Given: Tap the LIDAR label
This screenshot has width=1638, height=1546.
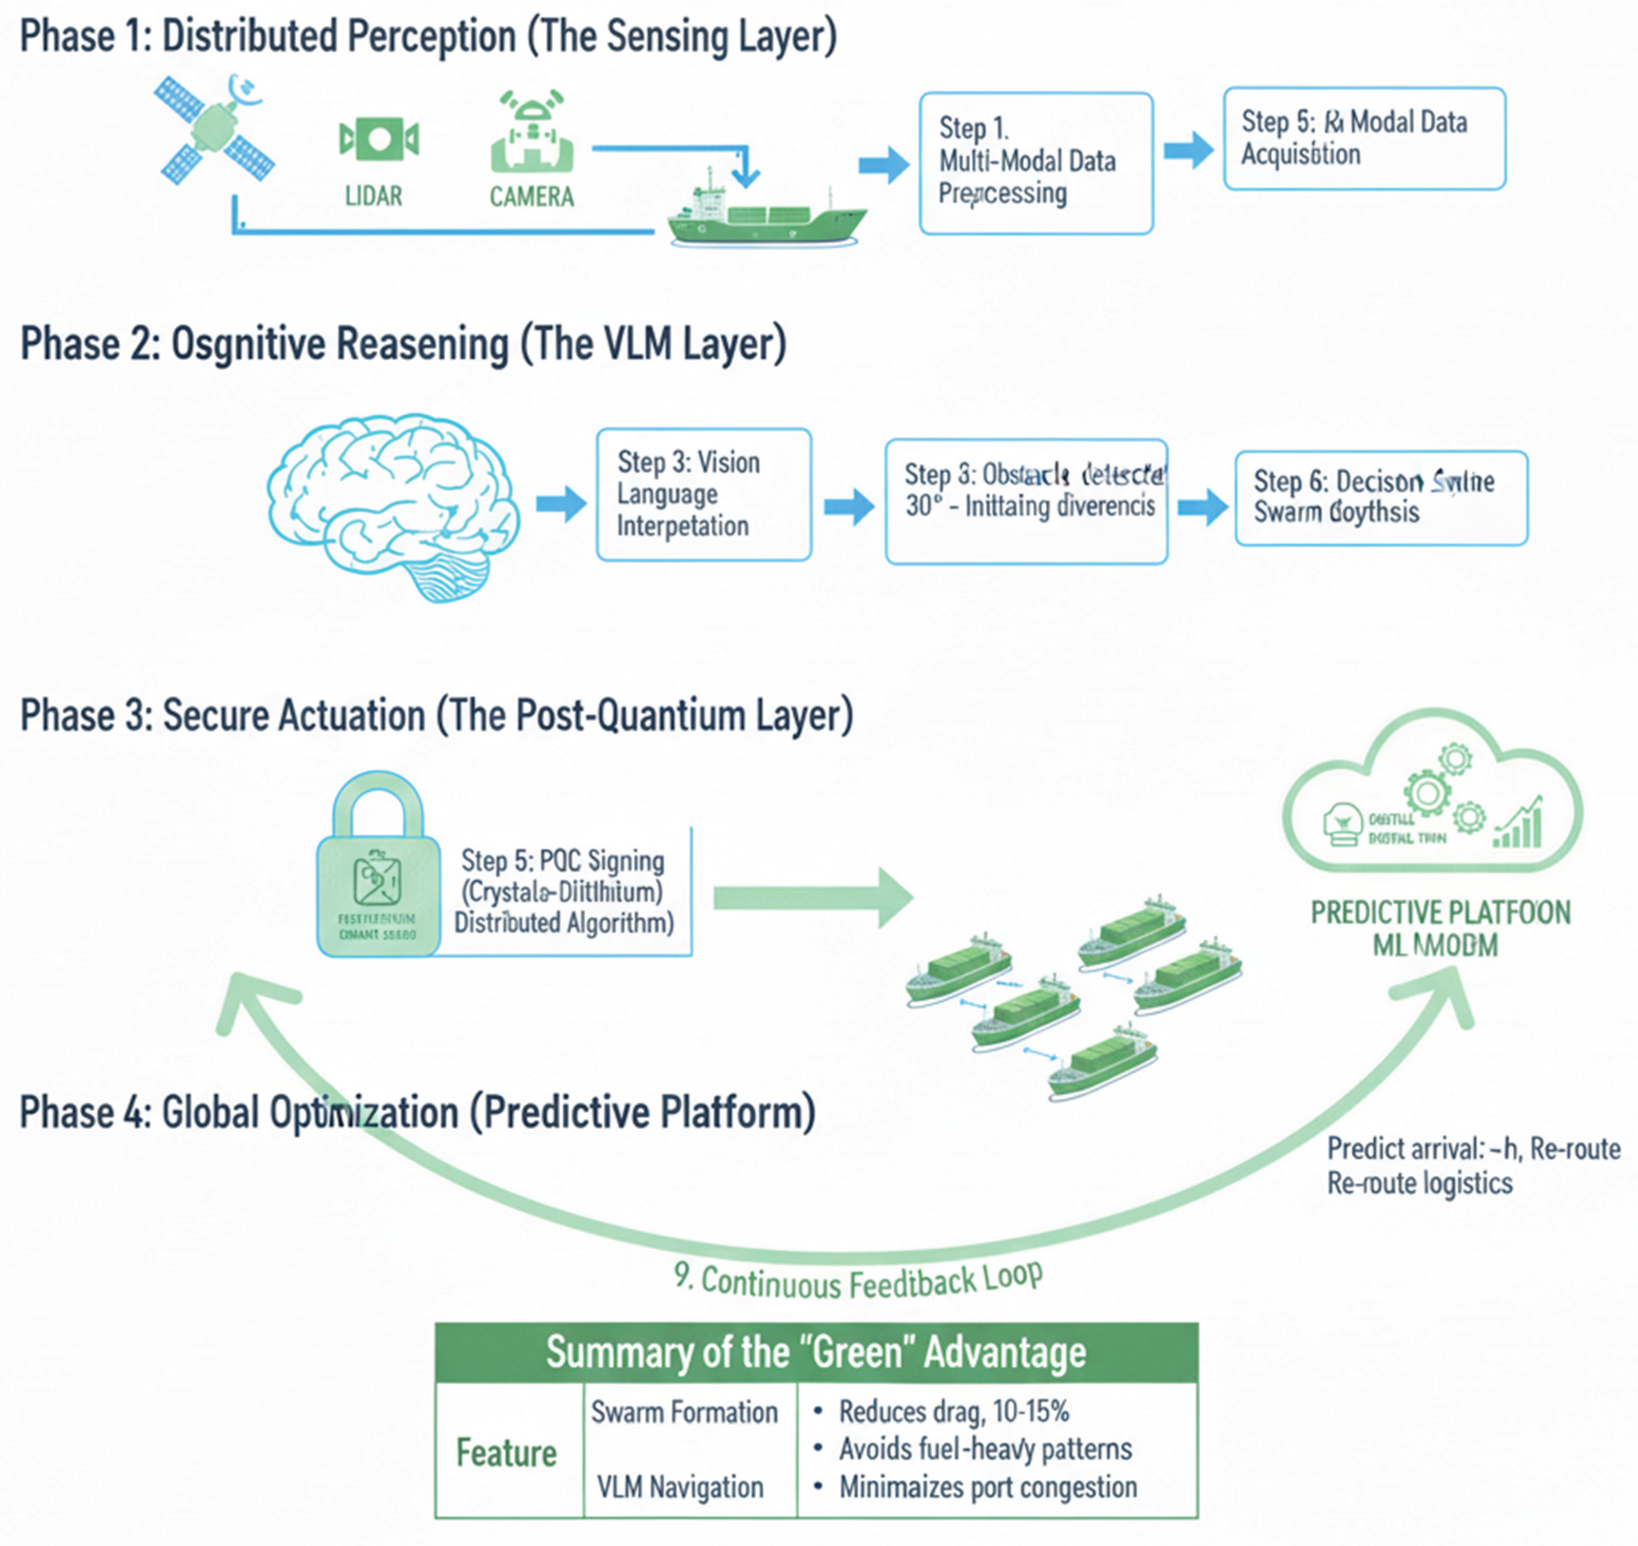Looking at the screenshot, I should tap(373, 196).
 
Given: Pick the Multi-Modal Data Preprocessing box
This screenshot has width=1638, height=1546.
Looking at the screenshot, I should tap(1035, 163).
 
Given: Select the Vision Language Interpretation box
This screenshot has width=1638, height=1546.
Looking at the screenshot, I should tap(703, 494).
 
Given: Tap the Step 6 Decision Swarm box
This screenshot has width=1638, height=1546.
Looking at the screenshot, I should tap(1380, 498).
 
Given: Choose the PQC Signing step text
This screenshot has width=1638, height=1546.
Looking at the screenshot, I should tap(564, 892).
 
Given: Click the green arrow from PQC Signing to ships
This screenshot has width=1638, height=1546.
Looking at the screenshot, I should tap(812, 898).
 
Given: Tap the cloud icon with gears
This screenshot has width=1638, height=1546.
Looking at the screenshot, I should tap(1432, 795).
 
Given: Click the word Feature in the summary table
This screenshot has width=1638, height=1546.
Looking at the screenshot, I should tap(507, 1453).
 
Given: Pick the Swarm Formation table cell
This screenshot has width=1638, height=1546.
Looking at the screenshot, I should tap(684, 1413).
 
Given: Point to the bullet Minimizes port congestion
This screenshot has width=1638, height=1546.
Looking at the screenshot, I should tap(987, 1487).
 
